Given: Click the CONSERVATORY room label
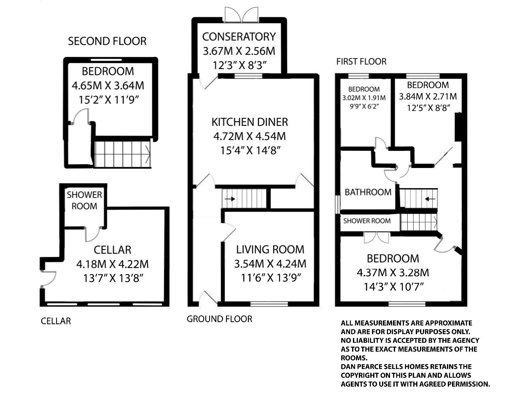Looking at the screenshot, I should coord(239,37).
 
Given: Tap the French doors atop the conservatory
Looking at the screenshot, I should coord(241,14).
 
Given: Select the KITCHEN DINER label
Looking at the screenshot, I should coord(250,122).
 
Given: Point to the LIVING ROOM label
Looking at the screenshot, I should coord(270,249).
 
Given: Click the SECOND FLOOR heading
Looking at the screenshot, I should coord(107,41).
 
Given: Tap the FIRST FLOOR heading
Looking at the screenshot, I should coord(361,61).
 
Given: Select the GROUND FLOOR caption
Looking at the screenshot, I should coord(219,319).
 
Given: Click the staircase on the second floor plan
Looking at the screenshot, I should coord(122,154).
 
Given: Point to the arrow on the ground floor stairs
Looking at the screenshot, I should coord(230,198).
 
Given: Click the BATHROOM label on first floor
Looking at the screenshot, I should coord(368,192).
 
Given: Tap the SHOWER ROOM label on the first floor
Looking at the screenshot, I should coord(366,221).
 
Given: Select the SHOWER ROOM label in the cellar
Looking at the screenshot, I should coord(84,200).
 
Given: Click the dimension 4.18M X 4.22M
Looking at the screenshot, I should coord(113,264).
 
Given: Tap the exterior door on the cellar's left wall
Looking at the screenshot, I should coord(47,278).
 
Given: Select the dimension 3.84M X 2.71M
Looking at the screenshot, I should coord(428,96).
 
